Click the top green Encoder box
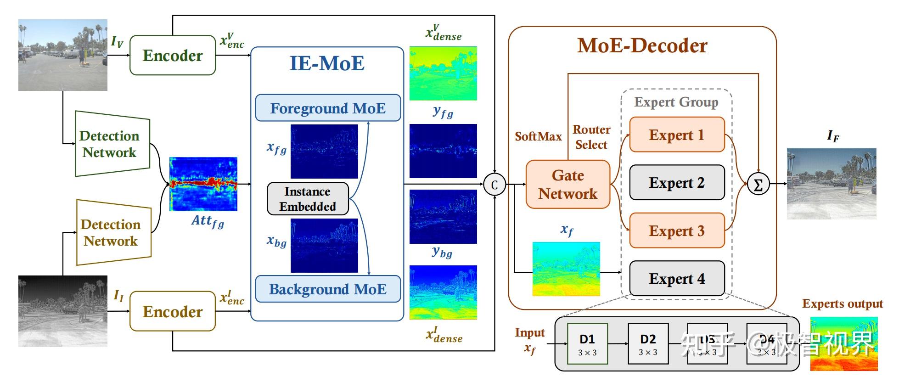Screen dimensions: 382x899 point(173,56)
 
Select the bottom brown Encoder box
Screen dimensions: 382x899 point(173,312)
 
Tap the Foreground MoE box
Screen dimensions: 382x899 point(328,108)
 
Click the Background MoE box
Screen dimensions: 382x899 point(328,289)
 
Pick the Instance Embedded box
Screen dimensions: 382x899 point(308,199)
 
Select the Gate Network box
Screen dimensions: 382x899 point(568,185)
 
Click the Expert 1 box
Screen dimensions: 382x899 point(676,135)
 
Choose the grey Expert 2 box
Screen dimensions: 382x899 point(676,183)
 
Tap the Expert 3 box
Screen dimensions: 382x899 point(676,231)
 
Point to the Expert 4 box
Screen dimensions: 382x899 point(676,279)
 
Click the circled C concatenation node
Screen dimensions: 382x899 point(494,185)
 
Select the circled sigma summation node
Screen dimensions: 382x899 point(758,185)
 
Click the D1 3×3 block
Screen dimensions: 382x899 point(587,344)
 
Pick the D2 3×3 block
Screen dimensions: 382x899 point(648,344)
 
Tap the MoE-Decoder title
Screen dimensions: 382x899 point(642,46)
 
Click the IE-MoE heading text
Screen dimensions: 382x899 point(327,63)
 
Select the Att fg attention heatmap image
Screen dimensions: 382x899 point(203,184)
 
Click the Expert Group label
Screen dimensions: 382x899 point(676,102)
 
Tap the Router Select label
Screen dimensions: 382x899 point(591,137)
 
